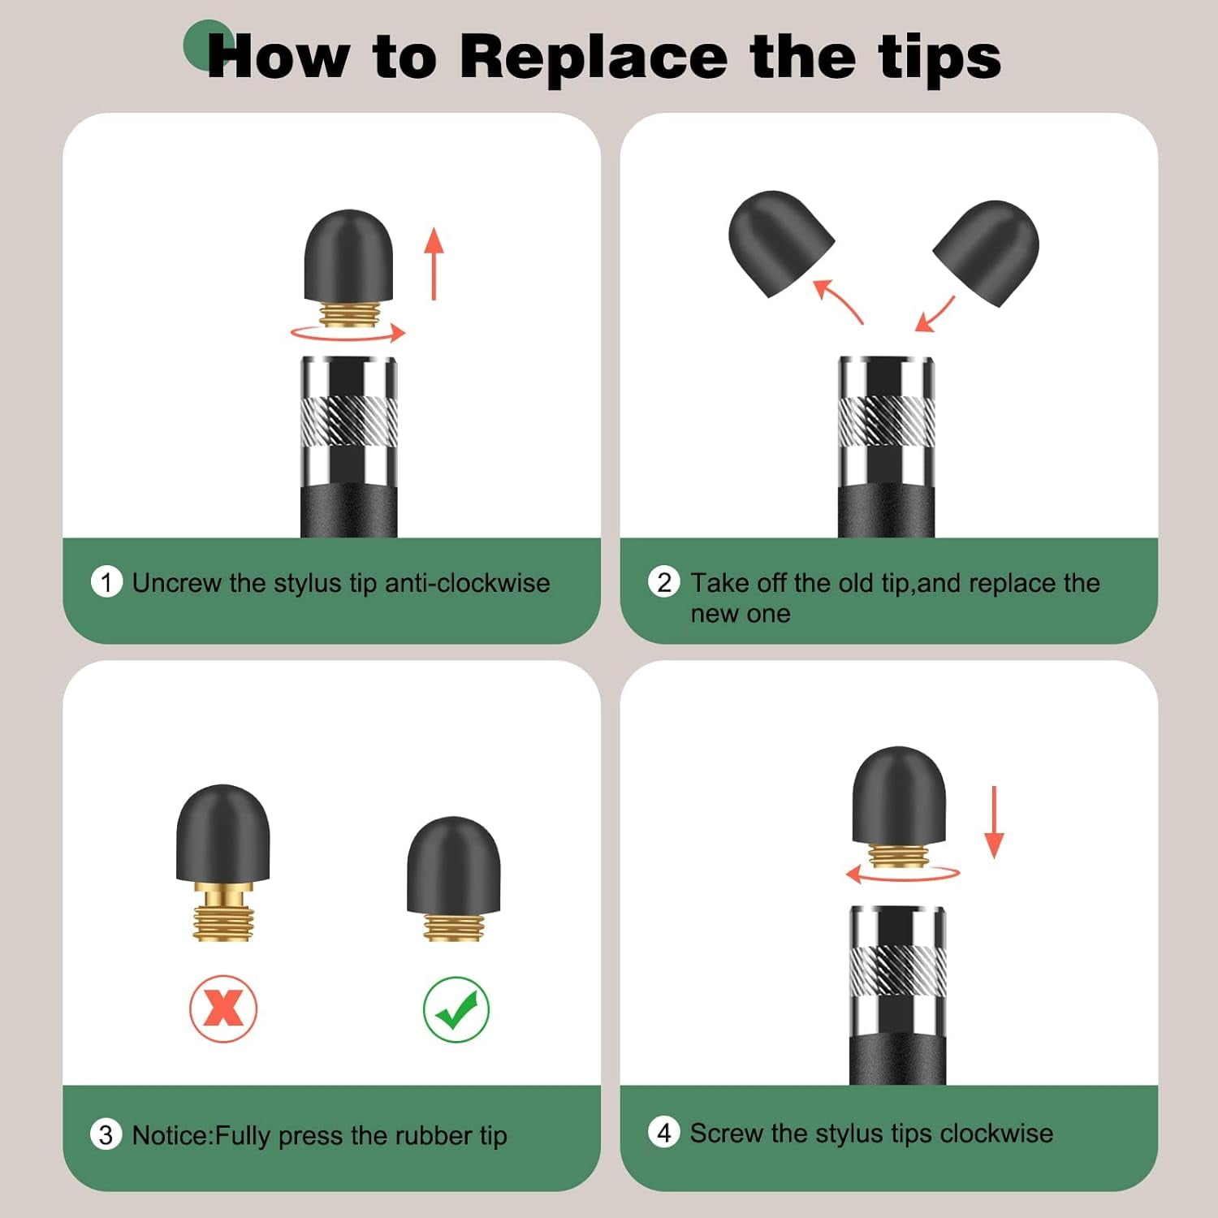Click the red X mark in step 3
[223, 1009]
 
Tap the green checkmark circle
[456, 1009]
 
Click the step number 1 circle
[106, 582]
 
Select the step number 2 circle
[664, 582]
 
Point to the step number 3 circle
[106, 1134]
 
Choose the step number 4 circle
[664, 1132]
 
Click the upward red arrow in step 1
[434, 264]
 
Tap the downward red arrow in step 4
[994, 822]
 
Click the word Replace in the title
[594, 57]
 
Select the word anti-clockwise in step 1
[467, 582]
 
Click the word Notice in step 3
[171, 1134]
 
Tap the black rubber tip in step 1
[348, 257]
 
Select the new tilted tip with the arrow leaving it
[986, 253]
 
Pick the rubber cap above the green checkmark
[454, 865]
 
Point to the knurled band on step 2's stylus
[886, 421]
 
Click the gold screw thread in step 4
[898, 856]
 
